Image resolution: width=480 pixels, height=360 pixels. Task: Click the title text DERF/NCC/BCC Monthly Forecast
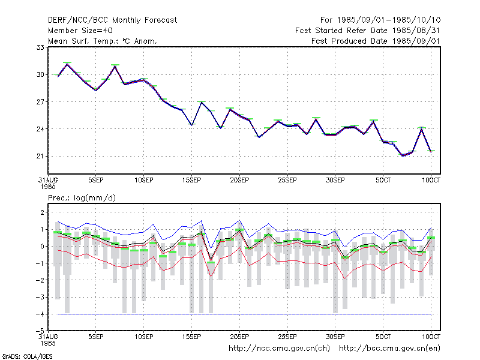(x=112, y=20)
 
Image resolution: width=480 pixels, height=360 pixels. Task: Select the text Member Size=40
(x=80, y=31)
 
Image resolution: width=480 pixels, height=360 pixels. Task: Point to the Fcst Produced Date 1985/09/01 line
(x=376, y=41)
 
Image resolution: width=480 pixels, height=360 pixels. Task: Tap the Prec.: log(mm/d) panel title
(x=82, y=198)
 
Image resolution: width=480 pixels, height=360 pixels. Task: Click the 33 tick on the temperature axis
(x=40, y=47)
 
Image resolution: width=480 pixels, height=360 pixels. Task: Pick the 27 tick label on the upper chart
(x=40, y=101)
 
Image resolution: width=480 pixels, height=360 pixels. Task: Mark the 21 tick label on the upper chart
(x=40, y=156)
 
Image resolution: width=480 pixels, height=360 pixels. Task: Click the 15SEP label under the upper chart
(x=191, y=181)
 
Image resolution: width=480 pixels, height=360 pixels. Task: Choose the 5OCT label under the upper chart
(x=383, y=181)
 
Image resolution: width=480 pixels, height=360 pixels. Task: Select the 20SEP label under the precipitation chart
(x=239, y=337)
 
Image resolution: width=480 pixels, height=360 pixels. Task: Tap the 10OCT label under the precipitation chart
(x=431, y=337)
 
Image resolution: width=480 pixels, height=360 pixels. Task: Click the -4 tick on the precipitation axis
(x=40, y=314)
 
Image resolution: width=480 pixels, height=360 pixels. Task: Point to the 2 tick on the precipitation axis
(x=42, y=212)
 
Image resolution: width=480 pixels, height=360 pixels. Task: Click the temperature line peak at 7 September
(x=115, y=66)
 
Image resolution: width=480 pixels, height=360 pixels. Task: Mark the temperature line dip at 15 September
(x=191, y=125)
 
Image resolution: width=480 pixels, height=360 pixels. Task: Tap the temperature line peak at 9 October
(x=422, y=129)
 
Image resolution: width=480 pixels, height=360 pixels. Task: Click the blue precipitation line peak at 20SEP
(x=239, y=220)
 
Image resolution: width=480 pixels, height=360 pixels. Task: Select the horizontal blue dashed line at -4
(x=244, y=314)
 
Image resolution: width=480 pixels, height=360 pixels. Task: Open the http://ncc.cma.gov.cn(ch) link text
(x=279, y=349)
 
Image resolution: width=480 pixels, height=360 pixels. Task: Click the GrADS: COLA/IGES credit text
(x=27, y=356)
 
